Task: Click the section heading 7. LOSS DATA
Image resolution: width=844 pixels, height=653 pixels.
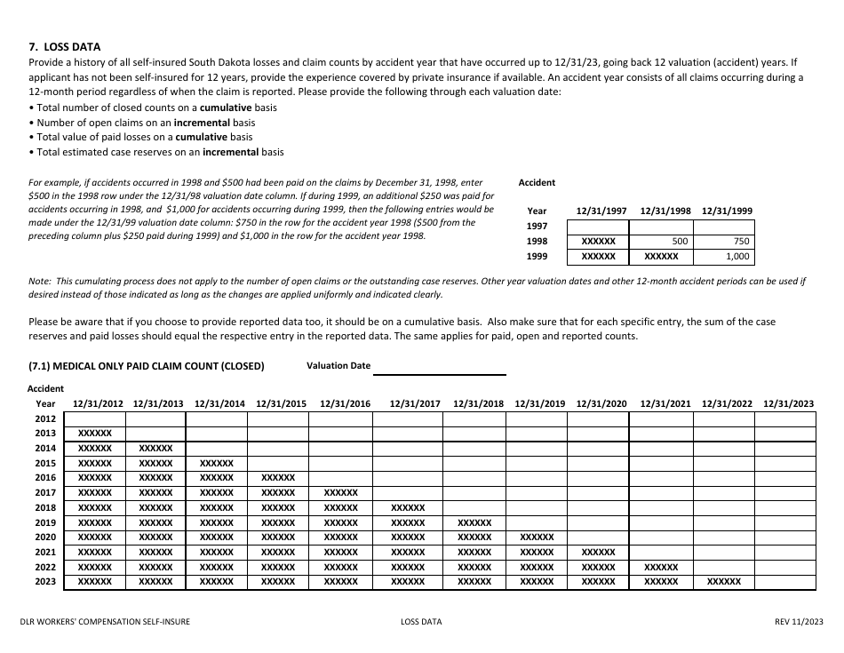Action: [65, 47]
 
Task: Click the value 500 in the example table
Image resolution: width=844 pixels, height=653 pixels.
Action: [680, 242]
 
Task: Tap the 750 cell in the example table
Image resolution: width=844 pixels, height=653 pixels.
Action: [742, 242]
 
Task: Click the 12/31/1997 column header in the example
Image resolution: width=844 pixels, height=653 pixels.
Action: [601, 211]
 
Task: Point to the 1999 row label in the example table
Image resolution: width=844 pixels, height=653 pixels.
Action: [537, 257]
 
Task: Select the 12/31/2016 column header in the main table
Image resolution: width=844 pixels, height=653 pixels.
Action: [345, 404]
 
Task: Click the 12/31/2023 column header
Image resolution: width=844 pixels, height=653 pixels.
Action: [788, 404]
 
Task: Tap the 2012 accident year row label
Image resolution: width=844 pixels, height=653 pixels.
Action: [45, 418]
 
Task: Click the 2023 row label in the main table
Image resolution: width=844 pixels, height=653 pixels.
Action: [45, 582]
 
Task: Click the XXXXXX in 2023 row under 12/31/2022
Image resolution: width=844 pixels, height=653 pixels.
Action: [724, 582]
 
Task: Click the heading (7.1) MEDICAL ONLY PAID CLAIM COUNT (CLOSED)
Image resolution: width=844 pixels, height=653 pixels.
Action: [147, 366]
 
